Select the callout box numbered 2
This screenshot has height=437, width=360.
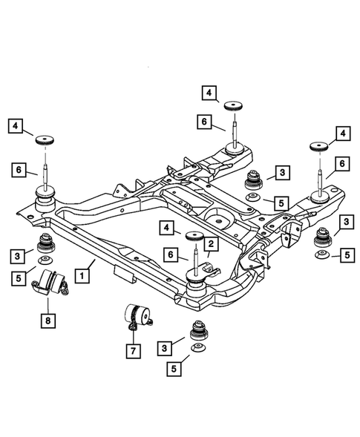point(211,243)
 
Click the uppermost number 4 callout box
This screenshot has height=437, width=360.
point(210,93)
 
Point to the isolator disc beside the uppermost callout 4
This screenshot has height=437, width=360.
point(237,104)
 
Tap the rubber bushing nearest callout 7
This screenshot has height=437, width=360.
point(197,329)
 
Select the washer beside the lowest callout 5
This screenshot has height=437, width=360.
point(197,349)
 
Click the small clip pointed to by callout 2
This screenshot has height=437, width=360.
point(209,263)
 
